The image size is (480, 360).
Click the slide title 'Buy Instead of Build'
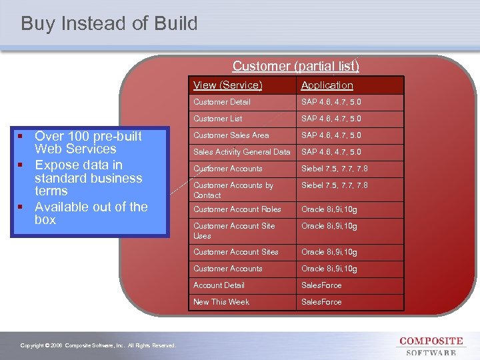[109, 24]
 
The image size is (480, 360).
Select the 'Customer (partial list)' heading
[295, 66]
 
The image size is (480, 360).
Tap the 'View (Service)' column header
[227, 85]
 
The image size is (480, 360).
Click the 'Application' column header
[327, 85]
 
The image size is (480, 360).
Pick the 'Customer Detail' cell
[222, 102]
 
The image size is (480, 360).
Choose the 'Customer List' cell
[218, 119]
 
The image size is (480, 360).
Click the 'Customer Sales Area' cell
[231, 135]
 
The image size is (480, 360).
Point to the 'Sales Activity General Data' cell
[242, 152]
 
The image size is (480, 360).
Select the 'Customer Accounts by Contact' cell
[233, 190]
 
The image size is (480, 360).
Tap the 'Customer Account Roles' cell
[237, 209]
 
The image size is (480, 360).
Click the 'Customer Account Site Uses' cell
[234, 231]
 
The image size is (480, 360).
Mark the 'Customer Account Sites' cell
[236, 252]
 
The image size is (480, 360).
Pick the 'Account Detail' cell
[219, 285]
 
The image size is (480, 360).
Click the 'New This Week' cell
[221, 302]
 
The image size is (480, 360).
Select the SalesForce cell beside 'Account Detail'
[321, 285]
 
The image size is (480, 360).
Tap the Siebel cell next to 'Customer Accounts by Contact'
[334, 185]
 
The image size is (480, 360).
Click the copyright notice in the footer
[98, 345]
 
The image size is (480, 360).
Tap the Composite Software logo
[430, 346]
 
